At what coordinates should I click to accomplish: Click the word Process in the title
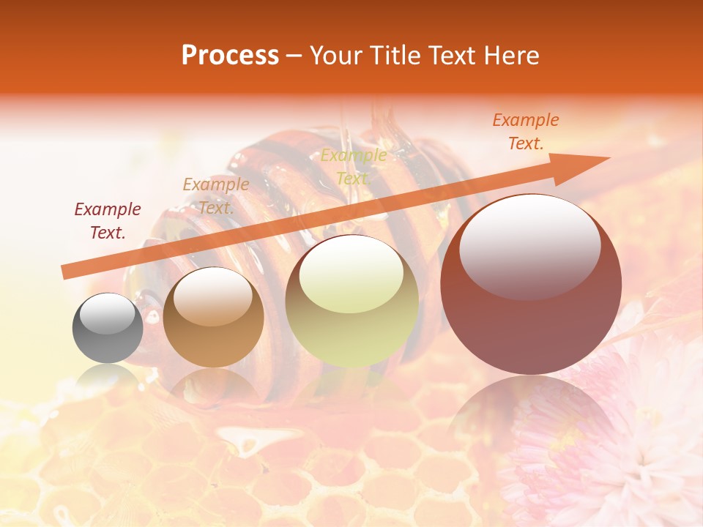point(230,56)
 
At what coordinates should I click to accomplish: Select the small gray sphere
point(108,328)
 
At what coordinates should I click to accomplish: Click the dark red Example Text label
point(108,221)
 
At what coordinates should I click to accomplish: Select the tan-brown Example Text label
point(215,195)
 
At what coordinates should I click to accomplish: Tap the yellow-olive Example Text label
point(354,166)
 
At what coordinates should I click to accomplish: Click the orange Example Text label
point(525,132)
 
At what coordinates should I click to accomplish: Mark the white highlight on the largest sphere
point(529,247)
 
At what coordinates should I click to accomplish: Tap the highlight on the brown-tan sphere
point(213,296)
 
